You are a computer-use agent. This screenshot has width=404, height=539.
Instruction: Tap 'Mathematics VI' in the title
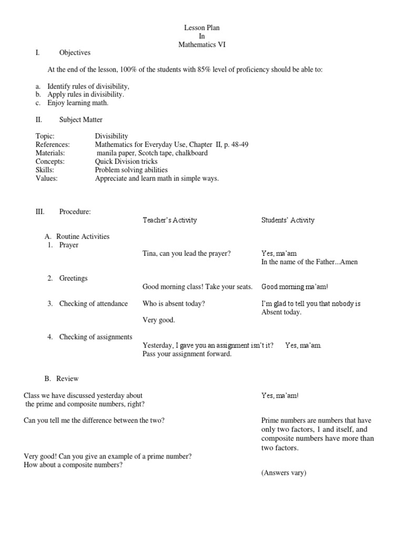coord(201,45)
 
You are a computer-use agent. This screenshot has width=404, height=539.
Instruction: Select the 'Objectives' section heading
coord(75,53)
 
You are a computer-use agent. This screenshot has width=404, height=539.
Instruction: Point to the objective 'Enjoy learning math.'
coord(78,103)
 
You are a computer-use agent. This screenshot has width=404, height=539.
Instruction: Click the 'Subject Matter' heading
coord(80,119)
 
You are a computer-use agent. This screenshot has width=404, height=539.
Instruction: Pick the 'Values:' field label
coord(46,178)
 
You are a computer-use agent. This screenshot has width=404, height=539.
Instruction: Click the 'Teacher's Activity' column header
coord(169,220)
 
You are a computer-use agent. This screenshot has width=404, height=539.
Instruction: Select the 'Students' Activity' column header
coord(288,220)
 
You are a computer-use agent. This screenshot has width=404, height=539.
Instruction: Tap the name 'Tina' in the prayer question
coord(150,253)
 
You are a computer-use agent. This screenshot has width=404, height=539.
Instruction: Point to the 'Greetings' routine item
coord(73,278)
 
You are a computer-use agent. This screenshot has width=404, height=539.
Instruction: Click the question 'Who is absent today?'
coord(174,303)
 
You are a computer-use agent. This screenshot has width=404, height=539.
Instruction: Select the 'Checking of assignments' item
coord(95,337)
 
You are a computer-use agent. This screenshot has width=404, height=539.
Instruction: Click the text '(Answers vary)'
coord(284,473)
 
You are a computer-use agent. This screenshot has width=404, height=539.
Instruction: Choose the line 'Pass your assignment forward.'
coord(187,354)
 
